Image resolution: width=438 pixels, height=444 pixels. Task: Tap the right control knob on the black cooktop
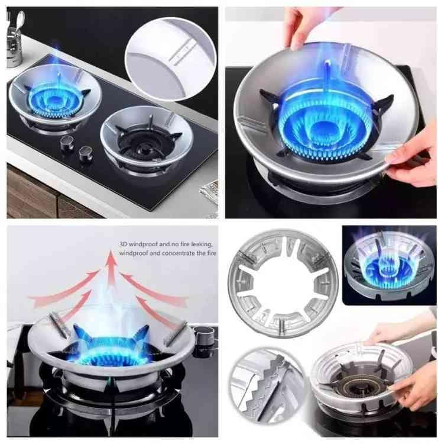pyautogui.click(x=85, y=153)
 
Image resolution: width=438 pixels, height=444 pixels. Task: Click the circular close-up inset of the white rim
pyautogui.click(x=170, y=59)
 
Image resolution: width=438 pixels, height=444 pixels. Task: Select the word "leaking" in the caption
pyautogui.click(x=202, y=244)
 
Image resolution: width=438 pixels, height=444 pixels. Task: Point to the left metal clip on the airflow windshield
pyautogui.click(x=59, y=326)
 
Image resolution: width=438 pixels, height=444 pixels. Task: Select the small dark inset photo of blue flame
pyautogui.click(x=389, y=265)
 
